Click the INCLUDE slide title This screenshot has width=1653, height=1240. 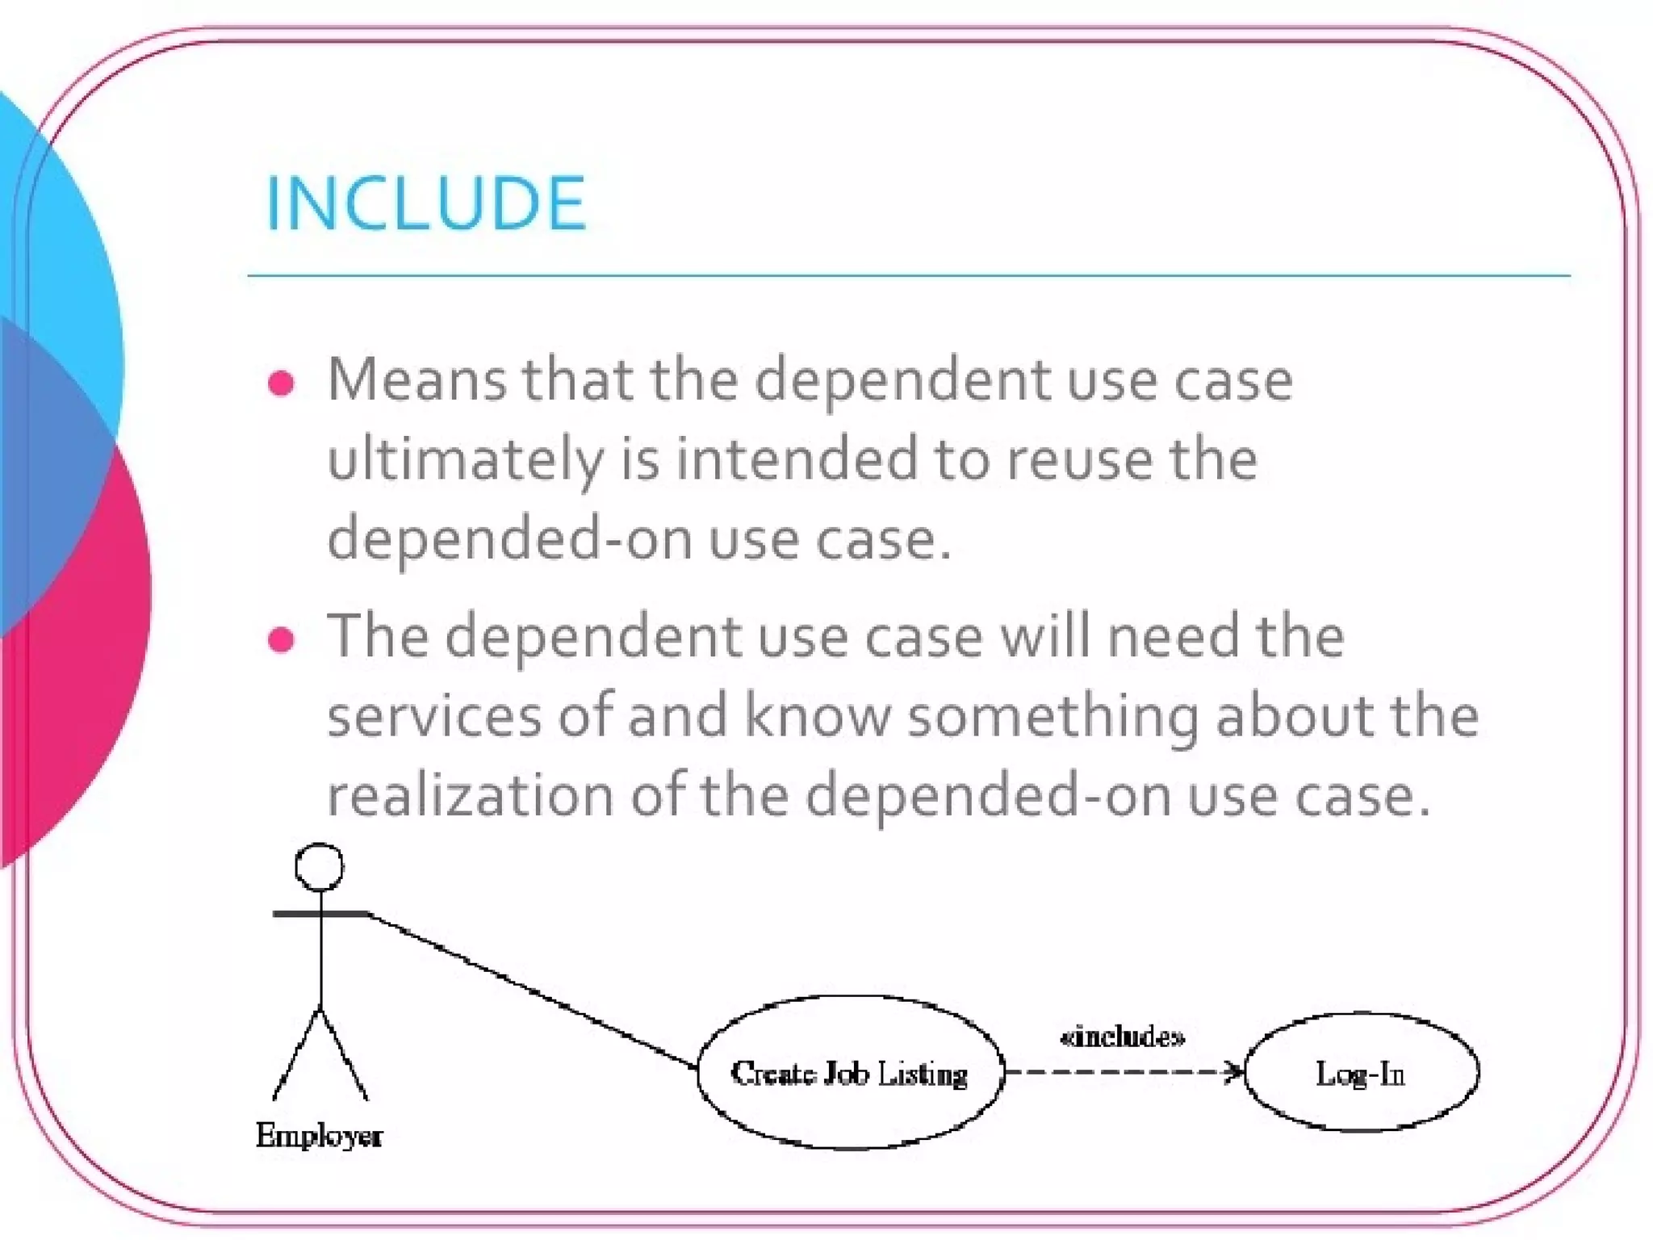[425, 203]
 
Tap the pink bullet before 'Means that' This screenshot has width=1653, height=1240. [281, 383]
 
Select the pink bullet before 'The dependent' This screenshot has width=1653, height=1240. [281, 639]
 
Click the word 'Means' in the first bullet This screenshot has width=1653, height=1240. [416, 379]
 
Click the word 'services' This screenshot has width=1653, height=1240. [433, 716]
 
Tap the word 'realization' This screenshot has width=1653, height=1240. [470, 796]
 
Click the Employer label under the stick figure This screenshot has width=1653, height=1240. [320, 1136]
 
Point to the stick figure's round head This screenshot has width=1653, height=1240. [320, 867]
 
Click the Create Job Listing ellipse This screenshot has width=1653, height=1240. [850, 1073]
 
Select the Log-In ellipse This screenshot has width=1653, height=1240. [1361, 1073]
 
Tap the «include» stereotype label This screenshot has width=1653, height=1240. [1123, 1037]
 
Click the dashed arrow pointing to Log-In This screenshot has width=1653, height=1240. [1122, 1072]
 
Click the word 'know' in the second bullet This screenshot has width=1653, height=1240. [817, 716]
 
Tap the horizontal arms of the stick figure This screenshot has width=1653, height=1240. [320, 913]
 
